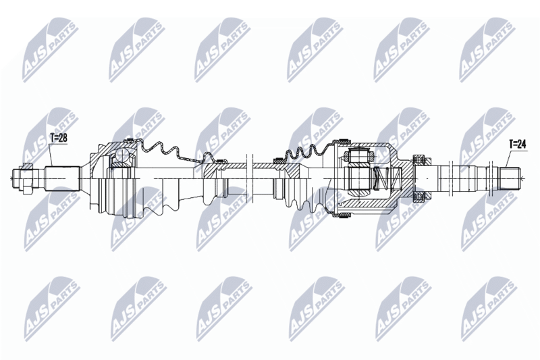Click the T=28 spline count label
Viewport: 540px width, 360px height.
tap(59, 138)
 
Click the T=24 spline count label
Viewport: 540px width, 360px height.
tap(518, 145)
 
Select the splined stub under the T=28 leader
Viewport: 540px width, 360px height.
tap(63, 178)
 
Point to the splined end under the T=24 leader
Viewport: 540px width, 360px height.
tap(510, 178)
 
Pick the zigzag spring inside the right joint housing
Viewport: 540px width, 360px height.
tap(387, 178)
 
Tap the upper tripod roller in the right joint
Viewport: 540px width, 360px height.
tap(361, 154)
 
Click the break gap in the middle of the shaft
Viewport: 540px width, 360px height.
tap(250, 178)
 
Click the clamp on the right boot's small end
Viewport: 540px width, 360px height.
tap(277, 160)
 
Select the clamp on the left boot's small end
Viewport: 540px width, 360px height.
tap(220, 161)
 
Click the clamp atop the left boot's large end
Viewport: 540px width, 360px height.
tap(130, 140)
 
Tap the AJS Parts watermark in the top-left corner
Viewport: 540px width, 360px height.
tap(50, 51)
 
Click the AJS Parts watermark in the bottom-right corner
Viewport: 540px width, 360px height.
tap(489, 309)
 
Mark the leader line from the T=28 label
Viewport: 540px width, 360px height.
tap(51, 155)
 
